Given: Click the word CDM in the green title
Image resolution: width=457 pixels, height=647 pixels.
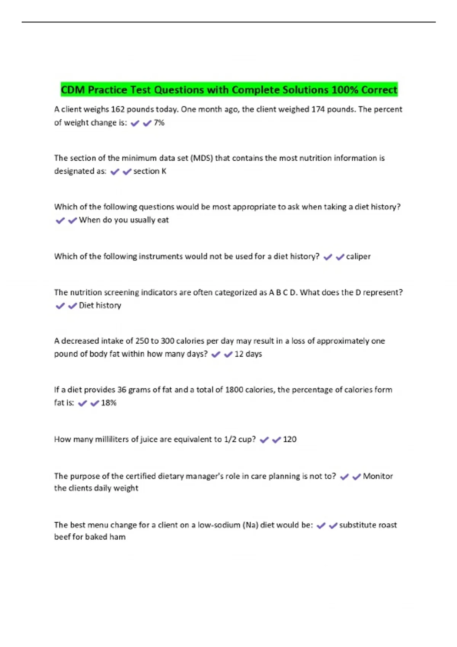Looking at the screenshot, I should (73, 90).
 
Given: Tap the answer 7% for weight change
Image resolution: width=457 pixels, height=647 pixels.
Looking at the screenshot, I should (159, 123).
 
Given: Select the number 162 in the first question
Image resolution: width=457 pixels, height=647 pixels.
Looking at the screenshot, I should (118, 110).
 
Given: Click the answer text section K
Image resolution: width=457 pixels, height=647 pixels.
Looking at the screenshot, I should (150, 171).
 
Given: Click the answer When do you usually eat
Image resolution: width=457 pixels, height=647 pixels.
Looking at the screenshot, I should (124, 220).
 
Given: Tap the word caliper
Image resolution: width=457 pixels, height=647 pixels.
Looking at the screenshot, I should (358, 257).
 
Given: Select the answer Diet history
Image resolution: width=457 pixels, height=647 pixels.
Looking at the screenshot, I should (100, 306).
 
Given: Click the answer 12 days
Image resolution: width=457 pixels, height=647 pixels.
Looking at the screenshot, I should (248, 354).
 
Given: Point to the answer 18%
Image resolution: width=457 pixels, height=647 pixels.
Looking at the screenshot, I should (109, 403).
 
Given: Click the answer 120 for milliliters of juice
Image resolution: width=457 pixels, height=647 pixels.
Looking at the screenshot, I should (289, 440).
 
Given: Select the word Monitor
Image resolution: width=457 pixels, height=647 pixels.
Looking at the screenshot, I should (378, 476).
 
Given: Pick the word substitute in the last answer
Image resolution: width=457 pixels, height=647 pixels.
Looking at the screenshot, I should (358, 525).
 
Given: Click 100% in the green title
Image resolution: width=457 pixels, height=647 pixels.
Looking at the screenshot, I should (345, 90).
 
